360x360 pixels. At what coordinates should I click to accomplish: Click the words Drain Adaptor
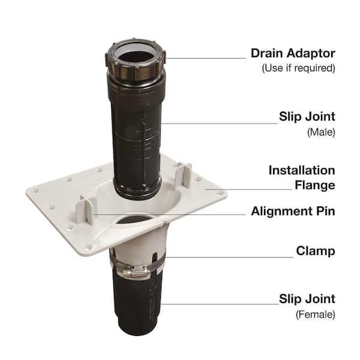click(293, 53)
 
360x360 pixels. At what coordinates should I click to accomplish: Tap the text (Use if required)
click(298, 68)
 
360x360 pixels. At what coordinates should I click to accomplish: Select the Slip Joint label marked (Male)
click(307, 117)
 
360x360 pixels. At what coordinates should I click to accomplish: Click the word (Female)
click(314, 313)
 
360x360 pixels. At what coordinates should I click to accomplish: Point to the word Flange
click(314, 185)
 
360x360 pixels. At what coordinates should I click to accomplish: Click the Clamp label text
click(315, 250)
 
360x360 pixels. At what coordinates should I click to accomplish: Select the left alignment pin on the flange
click(85, 212)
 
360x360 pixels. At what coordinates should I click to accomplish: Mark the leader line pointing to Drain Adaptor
click(204, 58)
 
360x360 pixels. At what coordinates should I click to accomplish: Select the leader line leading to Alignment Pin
click(168, 213)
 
